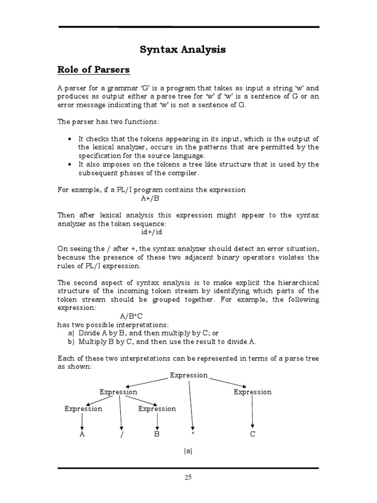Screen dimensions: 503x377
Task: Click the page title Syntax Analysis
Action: coord(183,50)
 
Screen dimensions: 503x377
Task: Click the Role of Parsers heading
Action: coord(94,70)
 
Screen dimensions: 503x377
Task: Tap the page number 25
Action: coord(188,476)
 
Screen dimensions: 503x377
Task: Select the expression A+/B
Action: coord(150,198)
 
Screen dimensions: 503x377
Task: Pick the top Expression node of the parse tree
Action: coord(189,375)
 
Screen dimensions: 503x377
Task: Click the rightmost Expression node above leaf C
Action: coord(252,392)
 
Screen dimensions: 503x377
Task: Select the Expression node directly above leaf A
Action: coord(83,409)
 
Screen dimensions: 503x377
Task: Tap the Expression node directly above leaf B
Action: coord(157,409)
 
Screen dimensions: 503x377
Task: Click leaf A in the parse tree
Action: coord(82,434)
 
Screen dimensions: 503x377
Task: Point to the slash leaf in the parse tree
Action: coord(121,435)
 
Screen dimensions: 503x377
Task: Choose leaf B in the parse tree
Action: coord(157,434)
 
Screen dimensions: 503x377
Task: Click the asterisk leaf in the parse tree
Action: coord(194,435)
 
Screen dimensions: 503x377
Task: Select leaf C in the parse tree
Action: coord(252,434)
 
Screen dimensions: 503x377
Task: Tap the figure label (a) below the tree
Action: coord(188,451)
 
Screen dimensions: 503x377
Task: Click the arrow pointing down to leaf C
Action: coord(252,413)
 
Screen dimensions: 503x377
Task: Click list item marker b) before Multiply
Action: coord(71,342)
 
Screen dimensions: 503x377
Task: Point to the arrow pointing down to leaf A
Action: coord(82,421)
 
